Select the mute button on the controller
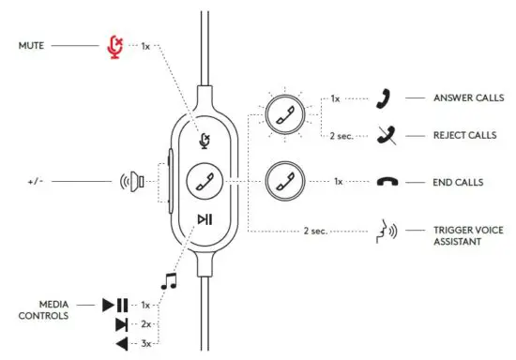point(204,140)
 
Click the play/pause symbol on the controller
point(204,218)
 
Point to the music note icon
point(169,278)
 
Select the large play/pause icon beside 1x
point(115,305)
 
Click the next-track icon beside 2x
point(120,324)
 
